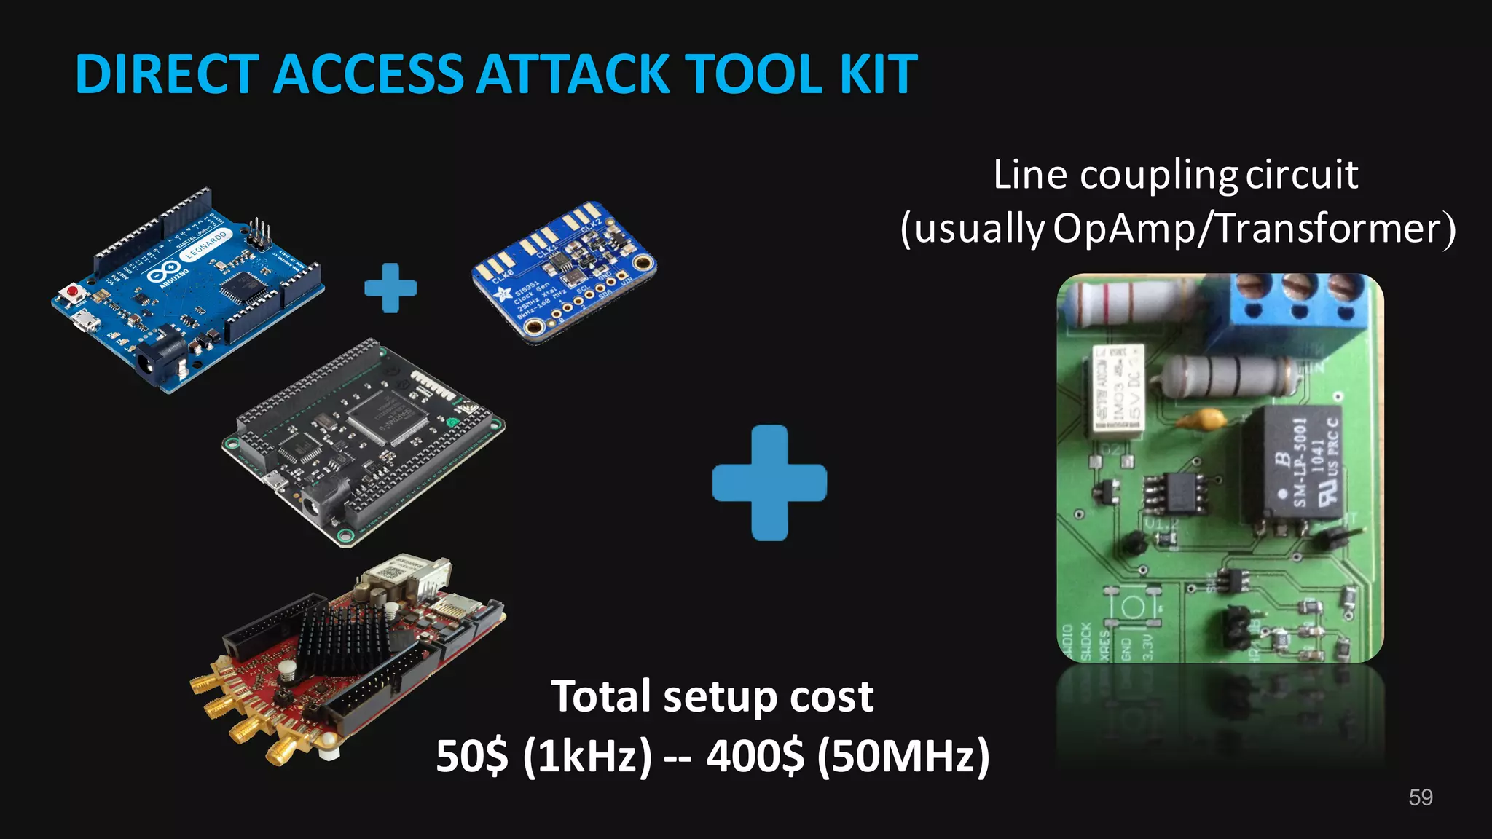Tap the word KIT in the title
[x=877, y=74]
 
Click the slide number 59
[x=1420, y=797]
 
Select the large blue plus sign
[x=769, y=482]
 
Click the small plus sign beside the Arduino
[x=390, y=288]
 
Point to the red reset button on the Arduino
[x=73, y=293]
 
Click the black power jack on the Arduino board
[x=154, y=362]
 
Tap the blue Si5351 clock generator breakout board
[x=564, y=271]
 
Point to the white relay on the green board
[x=1118, y=390]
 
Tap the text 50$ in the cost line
[x=472, y=756]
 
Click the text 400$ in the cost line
[x=755, y=756]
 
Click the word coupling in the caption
[x=1158, y=176]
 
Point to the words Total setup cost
[x=712, y=696]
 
